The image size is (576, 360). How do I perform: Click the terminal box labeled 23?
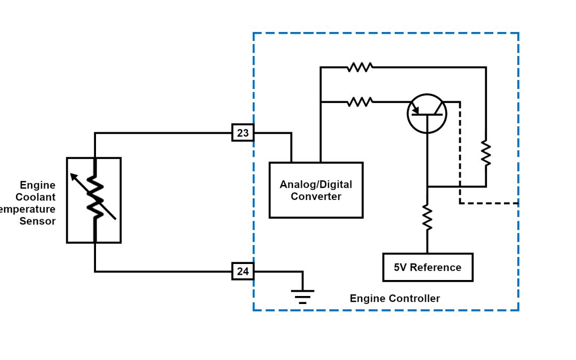point(243,132)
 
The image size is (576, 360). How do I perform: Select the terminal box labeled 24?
point(243,271)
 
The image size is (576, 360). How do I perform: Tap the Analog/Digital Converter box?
point(316,190)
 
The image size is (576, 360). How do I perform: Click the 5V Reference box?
point(428,267)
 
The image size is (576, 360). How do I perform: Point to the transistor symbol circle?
point(427,114)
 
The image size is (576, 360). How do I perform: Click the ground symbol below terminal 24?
point(302,295)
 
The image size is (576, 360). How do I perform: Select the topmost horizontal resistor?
point(359,67)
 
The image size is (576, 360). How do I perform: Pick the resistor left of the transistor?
point(359,101)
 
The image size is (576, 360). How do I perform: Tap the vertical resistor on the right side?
point(486,153)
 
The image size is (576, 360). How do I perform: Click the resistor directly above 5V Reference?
point(427,218)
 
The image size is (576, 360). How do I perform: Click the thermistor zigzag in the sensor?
point(95,197)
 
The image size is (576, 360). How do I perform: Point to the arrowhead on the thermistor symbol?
point(74,177)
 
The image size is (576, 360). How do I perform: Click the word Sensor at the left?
point(37,221)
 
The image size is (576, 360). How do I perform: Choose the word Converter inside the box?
point(316,196)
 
